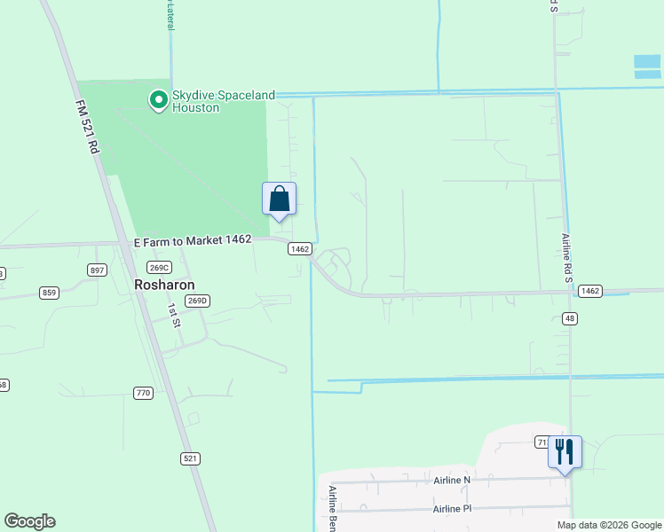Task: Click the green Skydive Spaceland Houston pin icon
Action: pyautogui.click(x=159, y=100)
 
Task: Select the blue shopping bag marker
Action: pyautogui.click(x=279, y=198)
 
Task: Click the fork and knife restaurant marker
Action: pyautogui.click(x=565, y=451)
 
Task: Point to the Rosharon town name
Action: pyautogui.click(x=164, y=285)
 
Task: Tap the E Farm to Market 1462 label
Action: pyautogui.click(x=194, y=240)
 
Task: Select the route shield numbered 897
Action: pyautogui.click(x=98, y=270)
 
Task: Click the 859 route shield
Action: pyautogui.click(x=49, y=292)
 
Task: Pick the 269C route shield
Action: pyautogui.click(x=159, y=268)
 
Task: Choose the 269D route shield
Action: pyautogui.click(x=197, y=301)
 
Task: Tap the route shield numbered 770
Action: pyautogui.click(x=143, y=392)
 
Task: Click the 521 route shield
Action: pyautogui.click(x=190, y=458)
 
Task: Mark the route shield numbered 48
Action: pyautogui.click(x=569, y=319)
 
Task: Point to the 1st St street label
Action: pyautogui.click(x=174, y=314)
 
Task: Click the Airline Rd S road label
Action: pyautogui.click(x=567, y=258)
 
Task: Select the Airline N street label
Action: pyautogui.click(x=453, y=480)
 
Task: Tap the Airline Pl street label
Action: pyautogui.click(x=453, y=509)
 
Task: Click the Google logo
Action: pyautogui.click(x=29, y=521)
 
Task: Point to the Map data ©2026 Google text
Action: pyautogui.click(x=608, y=525)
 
